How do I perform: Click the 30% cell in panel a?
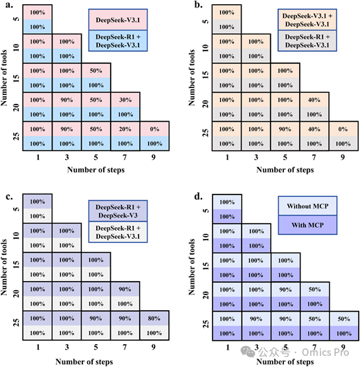[125, 100]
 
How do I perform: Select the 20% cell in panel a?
[125, 129]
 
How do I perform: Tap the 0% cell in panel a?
[154, 129]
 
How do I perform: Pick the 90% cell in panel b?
[285, 129]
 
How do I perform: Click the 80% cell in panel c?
[154, 319]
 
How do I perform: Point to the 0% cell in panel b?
[343, 129]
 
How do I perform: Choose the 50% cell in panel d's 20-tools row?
[314, 289]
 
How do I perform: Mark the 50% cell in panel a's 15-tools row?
[96, 71]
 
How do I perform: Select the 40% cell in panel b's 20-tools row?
[314, 100]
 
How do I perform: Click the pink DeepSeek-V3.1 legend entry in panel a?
[118, 20]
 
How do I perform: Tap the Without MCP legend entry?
[307, 206]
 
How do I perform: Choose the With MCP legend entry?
[307, 225]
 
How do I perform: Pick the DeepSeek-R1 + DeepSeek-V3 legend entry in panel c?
[118, 211]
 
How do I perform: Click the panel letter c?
[9, 197]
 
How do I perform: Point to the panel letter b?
[199, 4]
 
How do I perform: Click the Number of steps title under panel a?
[96, 170]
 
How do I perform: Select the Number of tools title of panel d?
[192, 267]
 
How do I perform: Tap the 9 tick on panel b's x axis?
[343, 157]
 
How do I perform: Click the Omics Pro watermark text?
[325, 352]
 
